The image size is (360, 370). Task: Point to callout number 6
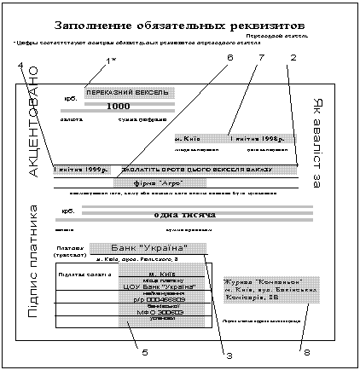pyautogui.click(x=229, y=58)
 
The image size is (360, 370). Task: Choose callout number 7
pyautogui.click(x=261, y=58)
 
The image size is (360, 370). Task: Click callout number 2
pyautogui.click(x=293, y=58)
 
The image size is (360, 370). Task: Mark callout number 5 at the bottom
pyautogui.click(x=146, y=350)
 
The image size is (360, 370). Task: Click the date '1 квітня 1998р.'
pyautogui.click(x=259, y=138)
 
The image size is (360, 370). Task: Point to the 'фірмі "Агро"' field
pyautogui.click(x=160, y=183)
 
